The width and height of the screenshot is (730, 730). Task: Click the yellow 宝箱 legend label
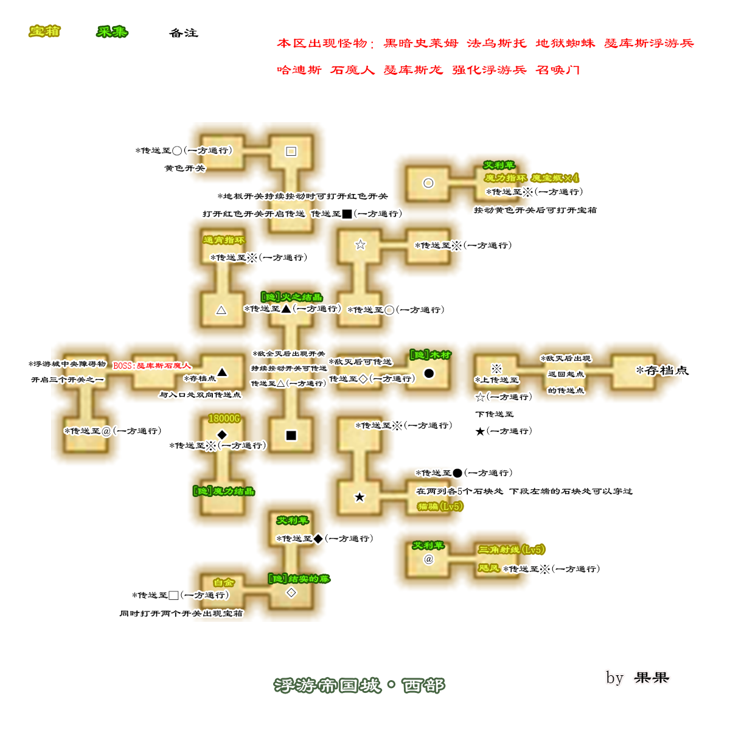(x=44, y=31)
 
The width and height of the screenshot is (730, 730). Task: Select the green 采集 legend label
(x=112, y=31)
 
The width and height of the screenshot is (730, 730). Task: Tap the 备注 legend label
(x=184, y=33)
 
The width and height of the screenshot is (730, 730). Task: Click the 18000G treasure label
(x=224, y=419)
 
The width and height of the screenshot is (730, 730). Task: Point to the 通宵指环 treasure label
(x=224, y=240)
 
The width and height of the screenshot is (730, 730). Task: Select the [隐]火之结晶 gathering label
(x=291, y=297)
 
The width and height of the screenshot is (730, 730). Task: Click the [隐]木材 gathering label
(x=430, y=355)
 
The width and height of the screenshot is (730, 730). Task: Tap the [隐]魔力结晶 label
(x=223, y=491)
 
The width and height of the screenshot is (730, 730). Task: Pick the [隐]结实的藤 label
(x=299, y=579)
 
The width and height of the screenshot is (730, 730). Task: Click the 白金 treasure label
(x=224, y=582)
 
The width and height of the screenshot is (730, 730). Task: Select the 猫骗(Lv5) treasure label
(x=440, y=506)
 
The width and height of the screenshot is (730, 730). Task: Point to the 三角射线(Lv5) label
(x=511, y=549)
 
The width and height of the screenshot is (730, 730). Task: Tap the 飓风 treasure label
(x=488, y=568)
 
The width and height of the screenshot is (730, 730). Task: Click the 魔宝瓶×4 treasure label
(x=555, y=178)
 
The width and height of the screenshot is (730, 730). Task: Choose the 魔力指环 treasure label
(x=505, y=178)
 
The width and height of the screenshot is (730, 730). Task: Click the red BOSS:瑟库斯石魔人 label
(x=152, y=366)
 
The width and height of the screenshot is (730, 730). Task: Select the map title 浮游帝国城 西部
(x=359, y=686)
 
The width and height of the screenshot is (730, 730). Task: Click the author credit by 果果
(x=638, y=678)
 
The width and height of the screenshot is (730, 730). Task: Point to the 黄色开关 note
(x=184, y=168)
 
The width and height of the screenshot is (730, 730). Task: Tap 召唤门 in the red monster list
(x=557, y=69)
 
